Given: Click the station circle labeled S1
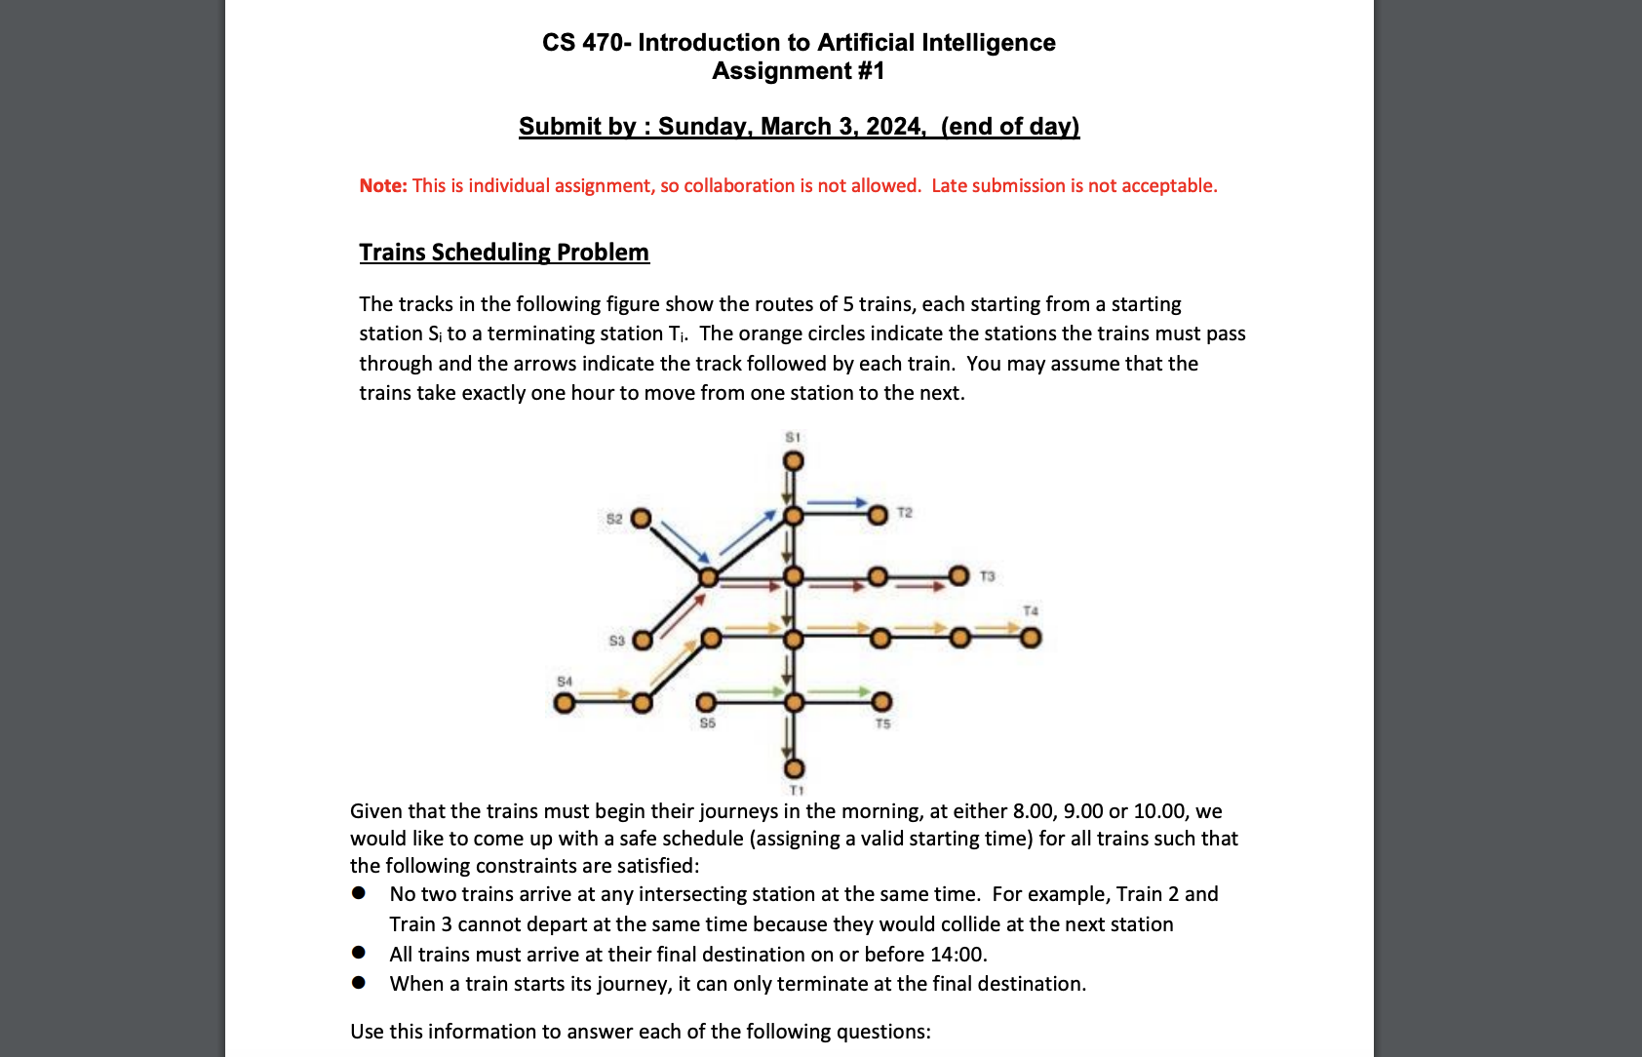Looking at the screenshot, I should pos(794,460).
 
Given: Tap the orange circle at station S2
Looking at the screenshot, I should pos(641,518).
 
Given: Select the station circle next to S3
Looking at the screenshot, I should pos(643,641).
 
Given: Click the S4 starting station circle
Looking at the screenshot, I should pos(564,702).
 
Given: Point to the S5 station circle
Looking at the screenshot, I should pos(706,702).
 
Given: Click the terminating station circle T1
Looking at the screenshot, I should pos(795,769).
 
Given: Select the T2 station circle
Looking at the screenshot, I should pos(878,514).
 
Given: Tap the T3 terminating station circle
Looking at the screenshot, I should pos(959,575).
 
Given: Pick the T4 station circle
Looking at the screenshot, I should pos(1031,638).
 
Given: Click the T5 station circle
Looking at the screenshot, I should pos(881,702).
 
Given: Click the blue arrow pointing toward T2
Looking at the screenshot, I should pos(837,502).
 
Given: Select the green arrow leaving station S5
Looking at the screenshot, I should pos(751,691).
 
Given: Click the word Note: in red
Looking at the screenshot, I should pos(382,185).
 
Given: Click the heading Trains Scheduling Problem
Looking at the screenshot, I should pos(503,252).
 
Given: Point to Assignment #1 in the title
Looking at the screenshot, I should pos(798,71).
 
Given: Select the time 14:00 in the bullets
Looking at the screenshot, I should pos(957,954).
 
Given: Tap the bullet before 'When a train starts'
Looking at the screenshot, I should pos(359,982).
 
